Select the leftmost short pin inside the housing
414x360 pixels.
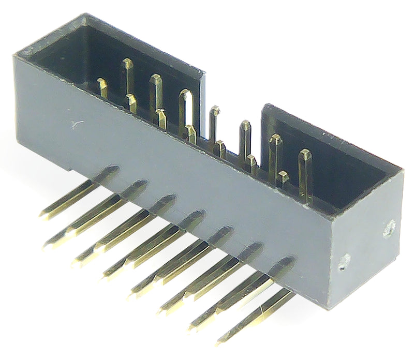click(x=103, y=87)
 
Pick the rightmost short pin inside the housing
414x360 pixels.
click(x=283, y=178)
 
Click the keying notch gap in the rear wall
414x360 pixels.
click(x=233, y=98)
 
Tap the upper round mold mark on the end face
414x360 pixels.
click(x=389, y=228)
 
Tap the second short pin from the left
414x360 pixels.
click(x=132, y=103)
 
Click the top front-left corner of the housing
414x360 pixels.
click(x=16, y=57)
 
